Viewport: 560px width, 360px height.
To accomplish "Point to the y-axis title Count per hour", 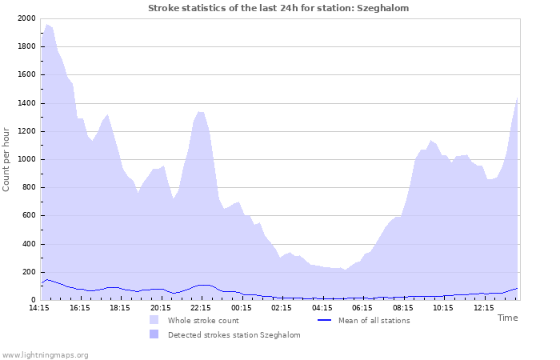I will pos(7,159).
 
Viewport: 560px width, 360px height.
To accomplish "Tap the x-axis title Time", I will pos(507,318).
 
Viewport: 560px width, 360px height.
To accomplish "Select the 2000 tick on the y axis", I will pos(25,18).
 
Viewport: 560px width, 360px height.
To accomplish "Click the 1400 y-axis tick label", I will pos(25,103).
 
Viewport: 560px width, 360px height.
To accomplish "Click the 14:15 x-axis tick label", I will pos(39,307).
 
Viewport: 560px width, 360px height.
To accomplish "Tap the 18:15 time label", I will pos(120,307).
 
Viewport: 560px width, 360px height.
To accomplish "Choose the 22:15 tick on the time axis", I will pos(201,307).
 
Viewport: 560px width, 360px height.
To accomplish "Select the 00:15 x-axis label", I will pos(242,307).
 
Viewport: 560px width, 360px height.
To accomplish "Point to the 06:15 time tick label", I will pos(362,307).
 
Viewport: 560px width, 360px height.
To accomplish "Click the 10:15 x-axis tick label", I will pos(443,307).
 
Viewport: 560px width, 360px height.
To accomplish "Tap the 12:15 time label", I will pos(483,307).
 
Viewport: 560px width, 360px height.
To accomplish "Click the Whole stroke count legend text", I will pos(203,321).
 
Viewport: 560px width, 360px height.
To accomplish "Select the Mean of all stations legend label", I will pos(374,321).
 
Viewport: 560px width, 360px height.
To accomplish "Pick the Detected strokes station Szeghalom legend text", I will pos(234,335).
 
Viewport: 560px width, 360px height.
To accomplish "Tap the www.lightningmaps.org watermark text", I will pos(45,354).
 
